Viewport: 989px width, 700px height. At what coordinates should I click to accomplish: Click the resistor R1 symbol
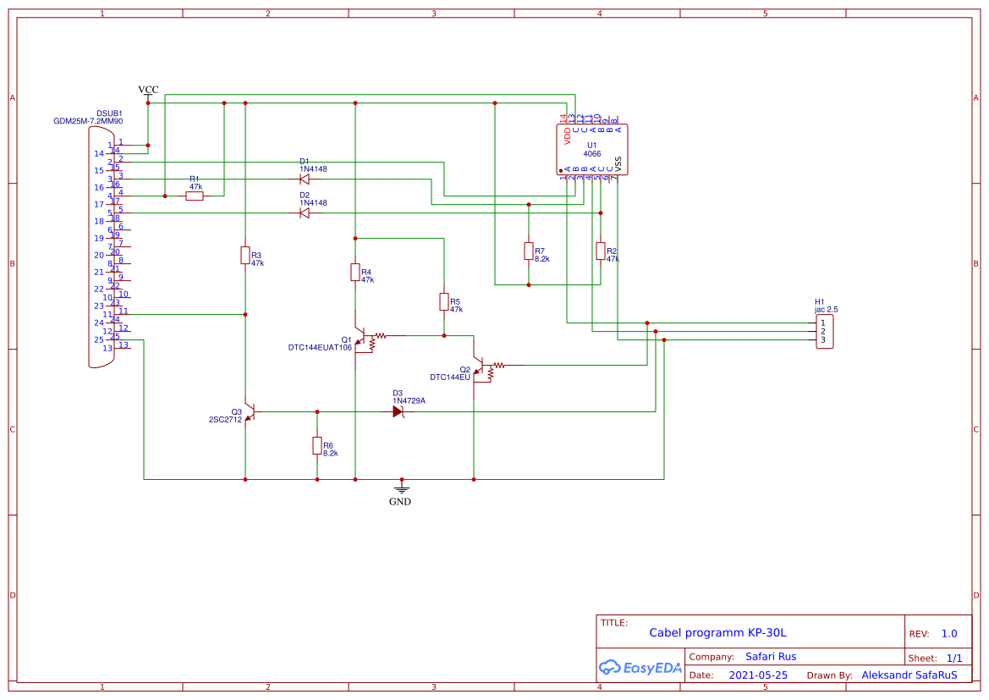pyautogui.click(x=195, y=196)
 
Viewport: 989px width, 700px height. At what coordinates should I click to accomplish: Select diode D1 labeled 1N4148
pyautogui.click(x=305, y=179)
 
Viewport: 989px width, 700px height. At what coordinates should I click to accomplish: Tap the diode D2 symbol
pyautogui.click(x=305, y=213)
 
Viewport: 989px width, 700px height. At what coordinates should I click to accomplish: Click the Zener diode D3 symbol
pyautogui.click(x=398, y=412)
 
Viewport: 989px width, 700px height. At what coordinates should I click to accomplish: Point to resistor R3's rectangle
pyautogui.click(x=245, y=255)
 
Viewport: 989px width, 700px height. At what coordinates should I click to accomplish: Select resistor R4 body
pyautogui.click(x=355, y=272)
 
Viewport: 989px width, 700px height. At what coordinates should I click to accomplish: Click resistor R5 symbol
pyautogui.click(x=443, y=301)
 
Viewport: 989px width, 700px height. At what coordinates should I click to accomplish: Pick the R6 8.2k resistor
pyautogui.click(x=317, y=445)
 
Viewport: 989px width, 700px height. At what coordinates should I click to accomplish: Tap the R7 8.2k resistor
pyautogui.click(x=529, y=251)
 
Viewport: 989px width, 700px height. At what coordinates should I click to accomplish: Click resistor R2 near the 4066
pyautogui.click(x=601, y=251)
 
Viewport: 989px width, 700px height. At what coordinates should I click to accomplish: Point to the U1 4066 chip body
pyautogui.click(x=592, y=149)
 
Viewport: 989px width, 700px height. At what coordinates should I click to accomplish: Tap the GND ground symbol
pyautogui.click(x=402, y=489)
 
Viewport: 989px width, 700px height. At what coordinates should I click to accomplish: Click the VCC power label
pyautogui.click(x=148, y=90)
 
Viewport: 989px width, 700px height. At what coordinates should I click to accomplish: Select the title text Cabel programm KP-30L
pyautogui.click(x=717, y=633)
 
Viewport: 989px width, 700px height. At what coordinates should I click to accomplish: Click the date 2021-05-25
pyautogui.click(x=758, y=675)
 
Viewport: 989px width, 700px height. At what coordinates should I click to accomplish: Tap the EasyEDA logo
pyautogui.click(x=640, y=668)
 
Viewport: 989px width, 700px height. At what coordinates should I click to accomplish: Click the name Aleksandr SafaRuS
pyautogui.click(x=909, y=675)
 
